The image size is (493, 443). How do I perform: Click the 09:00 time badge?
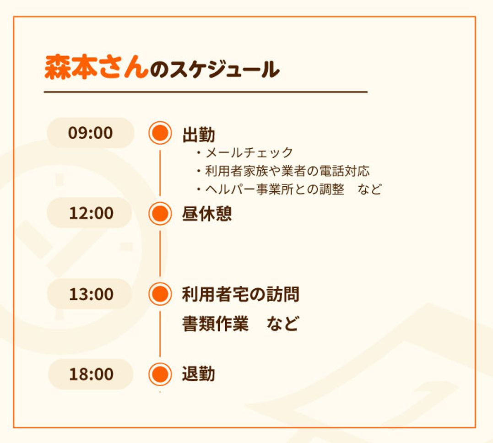pyautogui.click(x=91, y=133)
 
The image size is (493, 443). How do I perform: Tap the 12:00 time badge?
pyautogui.click(x=91, y=213)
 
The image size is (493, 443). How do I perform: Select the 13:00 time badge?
pyautogui.click(x=91, y=294)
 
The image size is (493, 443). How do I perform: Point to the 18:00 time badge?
pyautogui.click(x=91, y=374)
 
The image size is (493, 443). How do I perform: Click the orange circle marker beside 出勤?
pyautogui.click(x=160, y=133)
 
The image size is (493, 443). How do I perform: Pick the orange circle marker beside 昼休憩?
pyautogui.click(x=160, y=213)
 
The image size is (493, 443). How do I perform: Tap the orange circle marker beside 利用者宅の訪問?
pyautogui.click(x=160, y=294)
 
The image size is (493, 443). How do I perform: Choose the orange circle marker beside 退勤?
pyautogui.click(x=160, y=374)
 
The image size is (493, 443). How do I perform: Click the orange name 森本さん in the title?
pyautogui.click(x=96, y=68)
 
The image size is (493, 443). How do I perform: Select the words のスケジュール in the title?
pyautogui.click(x=214, y=70)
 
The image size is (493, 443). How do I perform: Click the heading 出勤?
pyautogui.click(x=199, y=135)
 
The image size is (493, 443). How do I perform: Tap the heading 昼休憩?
pyautogui.click(x=207, y=214)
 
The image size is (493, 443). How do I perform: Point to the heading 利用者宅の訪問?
pyautogui.click(x=240, y=294)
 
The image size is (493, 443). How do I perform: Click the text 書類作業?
pyautogui.click(x=215, y=324)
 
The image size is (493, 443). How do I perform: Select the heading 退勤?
pyautogui.click(x=199, y=374)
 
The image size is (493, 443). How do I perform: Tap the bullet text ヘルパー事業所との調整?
pyautogui.click(x=274, y=189)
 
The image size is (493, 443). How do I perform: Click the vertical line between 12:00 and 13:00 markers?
pyautogui.click(x=160, y=253)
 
